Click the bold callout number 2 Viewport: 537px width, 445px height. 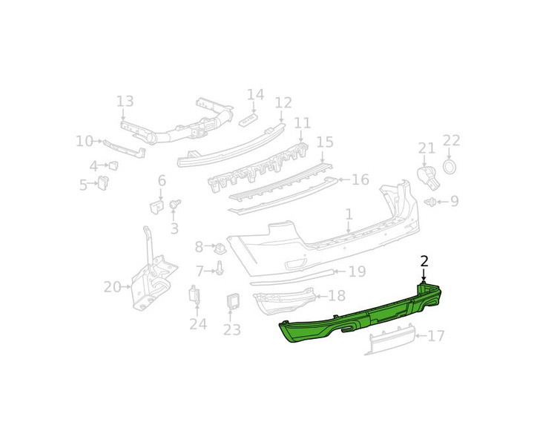coord(424,262)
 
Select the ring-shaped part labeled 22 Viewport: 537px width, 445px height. coord(450,166)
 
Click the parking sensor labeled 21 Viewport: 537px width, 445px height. coord(428,177)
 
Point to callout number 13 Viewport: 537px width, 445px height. coord(125,102)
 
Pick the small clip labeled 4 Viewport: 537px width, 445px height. coord(113,165)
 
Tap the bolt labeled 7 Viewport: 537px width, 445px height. coord(220,268)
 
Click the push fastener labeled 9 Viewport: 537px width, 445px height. coord(431,202)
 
